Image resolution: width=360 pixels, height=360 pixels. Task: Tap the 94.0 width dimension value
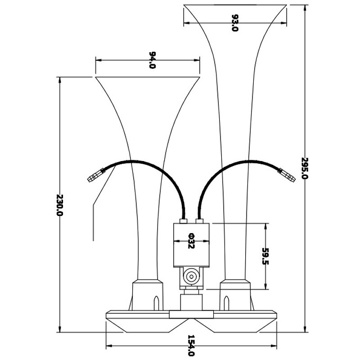pyautogui.click(x=152, y=60)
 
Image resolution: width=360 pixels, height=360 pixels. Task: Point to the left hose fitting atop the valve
pyautogui.click(x=184, y=221)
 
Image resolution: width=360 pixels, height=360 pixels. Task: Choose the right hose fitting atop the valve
pyautogui.click(x=200, y=221)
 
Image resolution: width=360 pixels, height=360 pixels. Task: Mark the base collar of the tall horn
pyautogui.click(x=235, y=295)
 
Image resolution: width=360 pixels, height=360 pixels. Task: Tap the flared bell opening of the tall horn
pyautogui.click(x=235, y=9)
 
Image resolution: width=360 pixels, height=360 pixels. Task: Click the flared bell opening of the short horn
pyautogui.click(x=147, y=80)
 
